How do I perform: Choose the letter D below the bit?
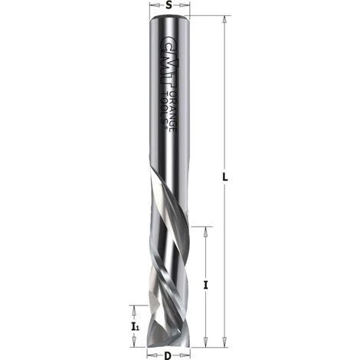(168, 355)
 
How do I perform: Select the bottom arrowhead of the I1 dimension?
(135, 342)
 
